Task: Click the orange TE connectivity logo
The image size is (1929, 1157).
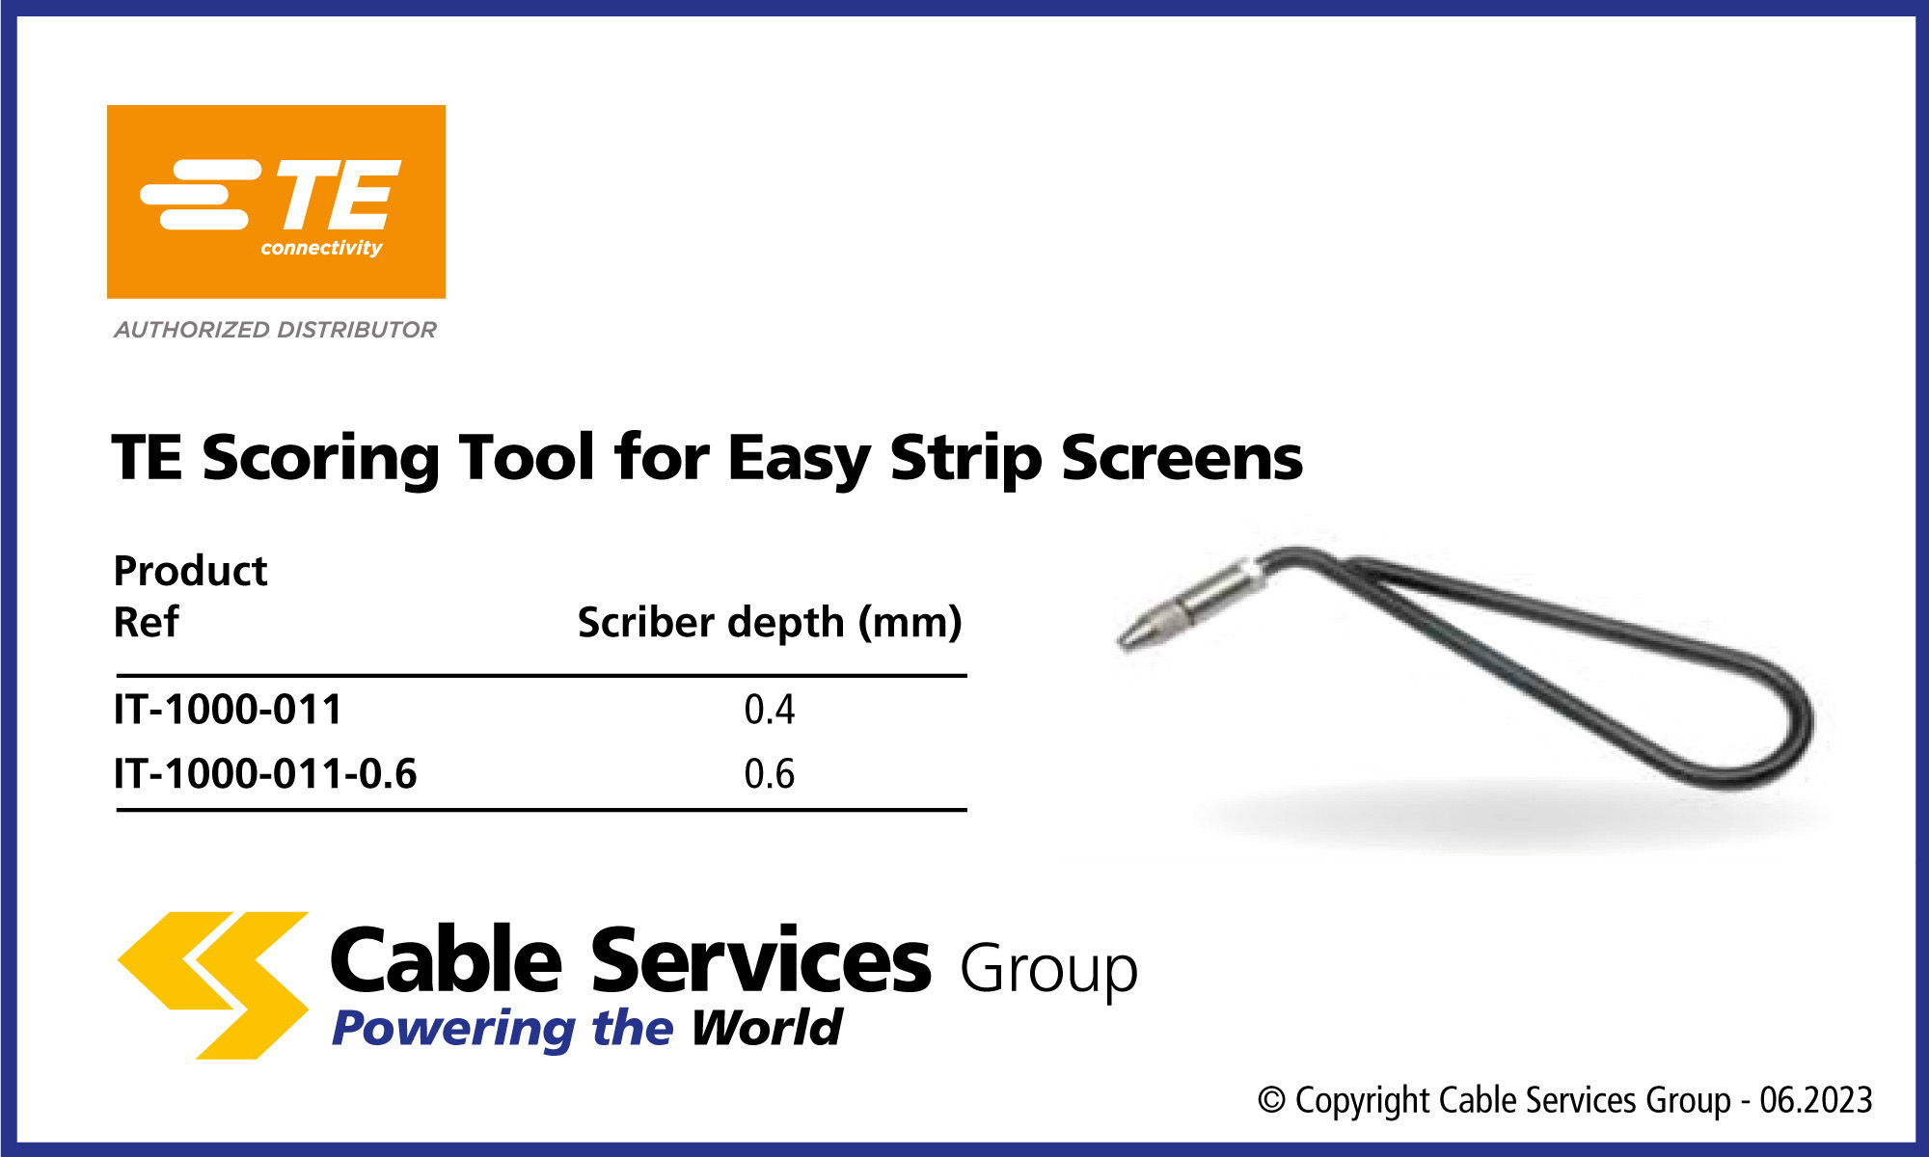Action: (276, 202)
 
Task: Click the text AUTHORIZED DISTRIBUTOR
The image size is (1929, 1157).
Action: (275, 330)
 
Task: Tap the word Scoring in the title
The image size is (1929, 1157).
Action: (320, 459)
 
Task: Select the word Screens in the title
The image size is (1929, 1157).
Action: (1182, 457)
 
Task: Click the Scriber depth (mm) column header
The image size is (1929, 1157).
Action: (770, 623)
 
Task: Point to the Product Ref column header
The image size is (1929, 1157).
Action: (190, 596)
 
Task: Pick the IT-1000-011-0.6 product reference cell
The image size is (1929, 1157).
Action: (265, 774)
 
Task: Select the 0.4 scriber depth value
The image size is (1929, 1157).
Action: (770, 710)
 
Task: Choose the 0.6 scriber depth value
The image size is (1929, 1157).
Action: (770, 774)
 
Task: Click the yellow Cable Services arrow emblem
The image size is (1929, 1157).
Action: (213, 985)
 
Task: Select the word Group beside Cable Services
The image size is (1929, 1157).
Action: (1048, 969)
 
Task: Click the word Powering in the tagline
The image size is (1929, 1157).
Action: (452, 1029)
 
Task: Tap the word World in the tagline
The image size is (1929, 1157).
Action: (767, 1027)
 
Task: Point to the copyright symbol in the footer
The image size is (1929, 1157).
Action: (1272, 1100)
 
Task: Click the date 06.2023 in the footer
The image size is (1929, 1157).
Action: (1816, 1100)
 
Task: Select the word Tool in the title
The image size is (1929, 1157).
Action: (527, 457)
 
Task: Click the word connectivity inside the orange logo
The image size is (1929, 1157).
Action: (321, 249)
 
